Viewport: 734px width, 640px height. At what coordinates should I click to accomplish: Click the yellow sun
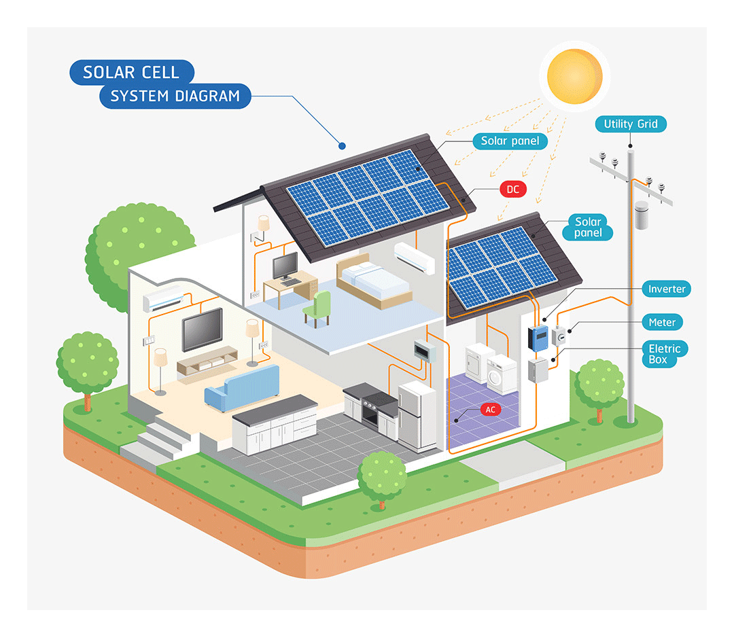[575, 76]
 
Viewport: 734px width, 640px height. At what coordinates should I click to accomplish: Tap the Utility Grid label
[631, 124]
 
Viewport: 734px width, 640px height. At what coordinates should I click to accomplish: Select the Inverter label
[667, 289]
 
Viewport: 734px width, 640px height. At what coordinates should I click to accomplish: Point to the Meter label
[662, 322]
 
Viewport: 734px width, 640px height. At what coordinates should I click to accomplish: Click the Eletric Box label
[664, 354]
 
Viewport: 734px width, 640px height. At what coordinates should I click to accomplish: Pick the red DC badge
[513, 190]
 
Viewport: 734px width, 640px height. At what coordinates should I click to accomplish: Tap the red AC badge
[490, 410]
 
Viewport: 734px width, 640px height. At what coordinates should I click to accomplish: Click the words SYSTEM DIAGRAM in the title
[175, 96]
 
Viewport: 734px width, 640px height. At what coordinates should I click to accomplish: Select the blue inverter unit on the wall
[539, 339]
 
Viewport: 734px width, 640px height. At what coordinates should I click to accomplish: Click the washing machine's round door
[494, 376]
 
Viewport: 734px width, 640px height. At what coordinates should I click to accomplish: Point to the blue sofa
[243, 387]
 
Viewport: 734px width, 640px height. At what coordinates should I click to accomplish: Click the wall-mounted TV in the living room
[203, 330]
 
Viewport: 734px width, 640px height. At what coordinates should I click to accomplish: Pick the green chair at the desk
[318, 308]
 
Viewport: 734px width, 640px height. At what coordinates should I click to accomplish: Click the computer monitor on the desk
[285, 266]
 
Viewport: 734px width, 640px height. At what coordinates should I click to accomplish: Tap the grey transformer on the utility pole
[642, 215]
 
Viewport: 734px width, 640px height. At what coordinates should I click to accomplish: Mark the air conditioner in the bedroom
[415, 257]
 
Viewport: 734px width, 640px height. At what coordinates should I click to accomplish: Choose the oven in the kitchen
[372, 412]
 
